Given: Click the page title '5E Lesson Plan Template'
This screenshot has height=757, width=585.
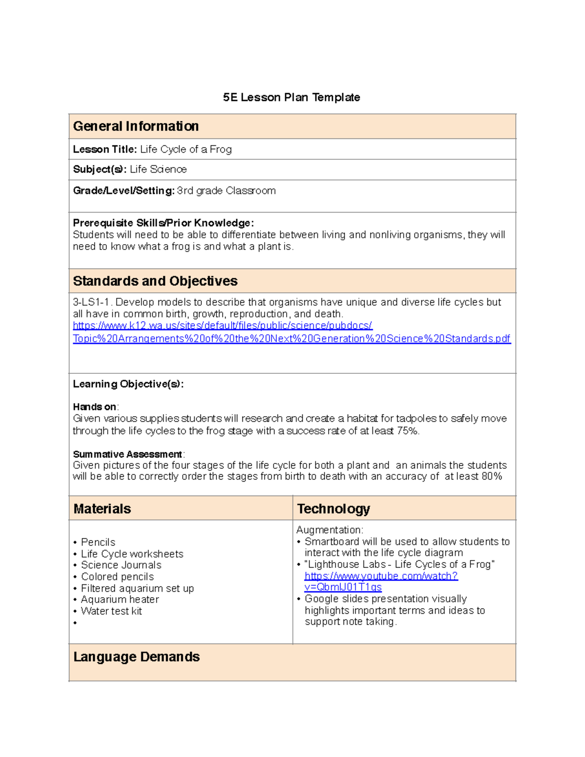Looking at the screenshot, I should [x=292, y=97].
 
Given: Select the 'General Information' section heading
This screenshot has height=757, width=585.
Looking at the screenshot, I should [x=136, y=126].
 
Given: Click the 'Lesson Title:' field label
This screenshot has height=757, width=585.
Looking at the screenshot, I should [x=105, y=150].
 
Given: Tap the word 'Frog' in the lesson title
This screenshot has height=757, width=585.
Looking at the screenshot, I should [x=221, y=150].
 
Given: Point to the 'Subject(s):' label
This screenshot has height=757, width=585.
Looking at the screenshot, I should [x=99, y=170].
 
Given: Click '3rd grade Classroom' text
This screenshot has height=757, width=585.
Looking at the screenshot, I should [x=226, y=191].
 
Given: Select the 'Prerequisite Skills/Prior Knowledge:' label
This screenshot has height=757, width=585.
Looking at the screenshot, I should [x=163, y=223].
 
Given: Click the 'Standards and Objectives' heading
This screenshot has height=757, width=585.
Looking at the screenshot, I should [x=155, y=281].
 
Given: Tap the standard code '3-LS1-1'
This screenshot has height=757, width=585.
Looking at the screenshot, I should [x=91, y=302].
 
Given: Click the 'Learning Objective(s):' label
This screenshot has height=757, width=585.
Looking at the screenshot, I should [x=128, y=384].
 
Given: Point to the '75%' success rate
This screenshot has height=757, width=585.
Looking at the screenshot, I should [x=408, y=431].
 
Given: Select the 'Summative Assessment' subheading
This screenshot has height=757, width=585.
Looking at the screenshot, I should [x=127, y=454].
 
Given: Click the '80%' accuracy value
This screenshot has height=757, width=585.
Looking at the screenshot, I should [x=491, y=476].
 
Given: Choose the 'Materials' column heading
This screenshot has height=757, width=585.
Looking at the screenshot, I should [x=102, y=509].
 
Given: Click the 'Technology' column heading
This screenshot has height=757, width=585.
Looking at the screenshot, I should [x=333, y=509].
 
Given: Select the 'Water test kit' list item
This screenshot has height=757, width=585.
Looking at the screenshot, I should [x=112, y=611].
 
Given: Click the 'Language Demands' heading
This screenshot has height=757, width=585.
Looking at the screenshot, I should [x=136, y=657].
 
